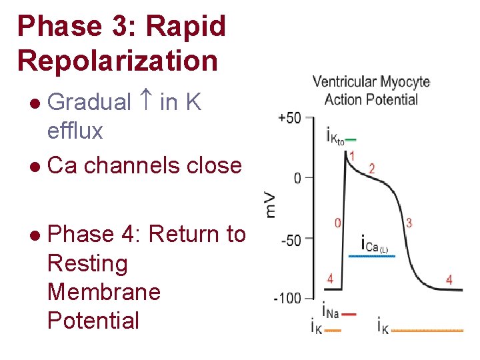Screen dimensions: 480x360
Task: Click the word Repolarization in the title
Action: pos(117,61)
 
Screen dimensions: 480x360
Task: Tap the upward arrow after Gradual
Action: pos(146,102)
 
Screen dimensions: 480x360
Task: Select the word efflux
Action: pos(75,131)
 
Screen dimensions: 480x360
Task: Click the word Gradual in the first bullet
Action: pos(90,102)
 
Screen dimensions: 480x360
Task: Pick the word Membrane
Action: pos(104,292)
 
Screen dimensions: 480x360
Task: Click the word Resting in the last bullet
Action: pos(87,263)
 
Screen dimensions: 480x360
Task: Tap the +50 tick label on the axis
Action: pos(290,118)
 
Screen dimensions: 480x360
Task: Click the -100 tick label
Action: pos(287,297)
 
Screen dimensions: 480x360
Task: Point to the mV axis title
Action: pos(271,202)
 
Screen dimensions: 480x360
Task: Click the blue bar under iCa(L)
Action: pos(373,255)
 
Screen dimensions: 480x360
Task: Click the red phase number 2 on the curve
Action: pos(371,168)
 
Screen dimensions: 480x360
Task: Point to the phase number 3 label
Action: pos(409,223)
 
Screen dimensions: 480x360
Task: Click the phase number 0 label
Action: pos(337,223)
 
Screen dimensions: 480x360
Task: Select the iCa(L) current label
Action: pos(373,243)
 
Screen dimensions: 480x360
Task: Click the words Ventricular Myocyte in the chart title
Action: pos(371,83)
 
